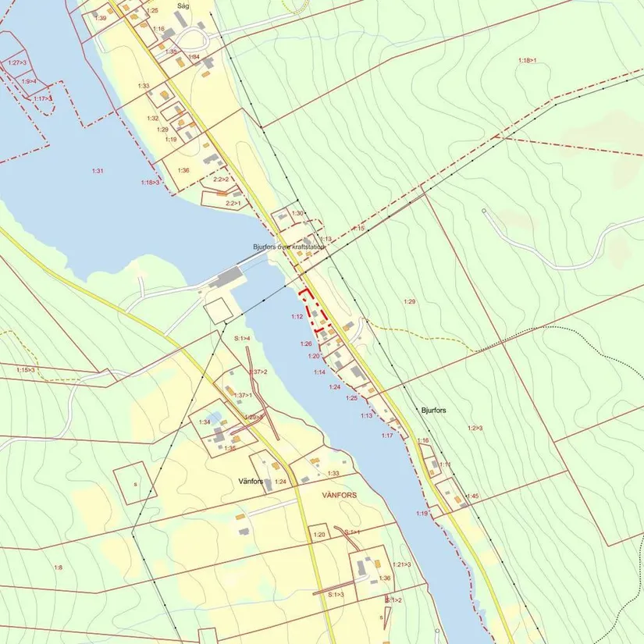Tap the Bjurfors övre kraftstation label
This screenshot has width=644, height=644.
pyautogui.click(x=288, y=247)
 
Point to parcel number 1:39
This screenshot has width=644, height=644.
pyautogui.click(x=101, y=17)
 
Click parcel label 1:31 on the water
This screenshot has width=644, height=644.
pyautogui.click(x=98, y=170)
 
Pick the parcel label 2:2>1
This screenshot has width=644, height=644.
pyautogui.click(x=233, y=203)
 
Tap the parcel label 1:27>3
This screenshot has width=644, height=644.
pyautogui.click(x=16, y=62)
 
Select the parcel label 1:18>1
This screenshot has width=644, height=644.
pyautogui.click(x=528, y=60)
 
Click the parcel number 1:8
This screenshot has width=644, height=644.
pyautogui.click(x=58, y=567)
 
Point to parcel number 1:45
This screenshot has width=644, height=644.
pyautogui.click(x=472, y=496)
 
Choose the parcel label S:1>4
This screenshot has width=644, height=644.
pyautogui.click(x=242, y=338)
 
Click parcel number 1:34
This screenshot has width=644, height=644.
pyautogui.click(x=205, y=422)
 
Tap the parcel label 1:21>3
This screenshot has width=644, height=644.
pyautogui.click(x=402, y=564)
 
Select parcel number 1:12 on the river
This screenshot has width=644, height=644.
pyautogui.click(x=297, y=317)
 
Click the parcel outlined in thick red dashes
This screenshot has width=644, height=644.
pyautogui.click(x=316, y=311)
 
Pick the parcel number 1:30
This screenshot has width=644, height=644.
pyautogui.click(x=297, y=213)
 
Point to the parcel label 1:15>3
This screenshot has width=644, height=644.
pyautogui.click(x=26, y=369)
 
